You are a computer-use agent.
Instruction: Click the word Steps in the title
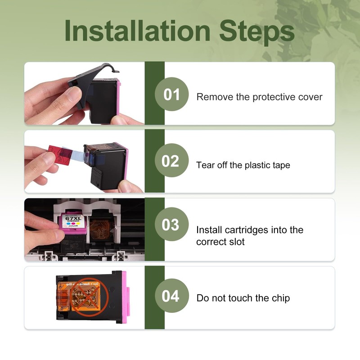257,32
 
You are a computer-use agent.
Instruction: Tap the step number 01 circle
171,94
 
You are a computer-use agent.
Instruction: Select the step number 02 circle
171,160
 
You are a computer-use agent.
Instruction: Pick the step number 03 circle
171,224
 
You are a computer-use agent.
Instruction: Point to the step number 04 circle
171,296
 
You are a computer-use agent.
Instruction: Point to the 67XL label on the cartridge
73,219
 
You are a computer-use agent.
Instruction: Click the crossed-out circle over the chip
89,297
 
